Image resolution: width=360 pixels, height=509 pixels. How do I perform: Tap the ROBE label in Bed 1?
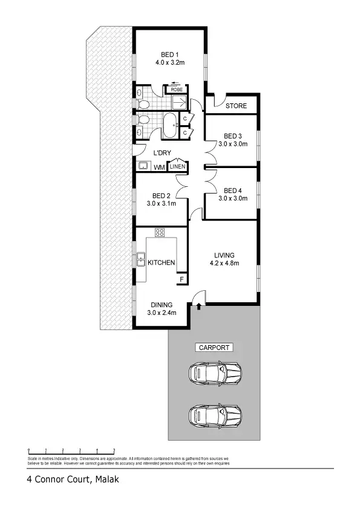click(x=177, y=89)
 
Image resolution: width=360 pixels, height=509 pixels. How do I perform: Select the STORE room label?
click(x=236, y=106)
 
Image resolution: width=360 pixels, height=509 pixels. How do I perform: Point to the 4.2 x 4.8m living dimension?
click(x=224, y=263)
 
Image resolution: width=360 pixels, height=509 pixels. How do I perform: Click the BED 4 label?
click(x=233, y=190)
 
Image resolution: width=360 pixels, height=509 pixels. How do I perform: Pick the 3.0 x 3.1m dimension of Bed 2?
click(x=161, y=204)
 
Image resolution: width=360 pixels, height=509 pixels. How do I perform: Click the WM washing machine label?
click(x=159, y=167)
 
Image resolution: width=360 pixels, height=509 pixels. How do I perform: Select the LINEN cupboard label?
click(x=177, y=167)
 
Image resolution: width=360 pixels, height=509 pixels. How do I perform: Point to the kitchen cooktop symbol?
click(x=160, y=232)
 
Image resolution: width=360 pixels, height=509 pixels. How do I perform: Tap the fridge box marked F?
click(x=180, y=279)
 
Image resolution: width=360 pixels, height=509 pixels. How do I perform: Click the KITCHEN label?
click(x=161, y=262)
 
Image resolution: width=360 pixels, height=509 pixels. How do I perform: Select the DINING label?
click(x=161, y=305)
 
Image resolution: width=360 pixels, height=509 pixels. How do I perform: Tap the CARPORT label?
click(x=213, y=348)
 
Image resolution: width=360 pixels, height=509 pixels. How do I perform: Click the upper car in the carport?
click(x=215, y=373)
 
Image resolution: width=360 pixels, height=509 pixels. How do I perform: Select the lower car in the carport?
click(x=215, y=415)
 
